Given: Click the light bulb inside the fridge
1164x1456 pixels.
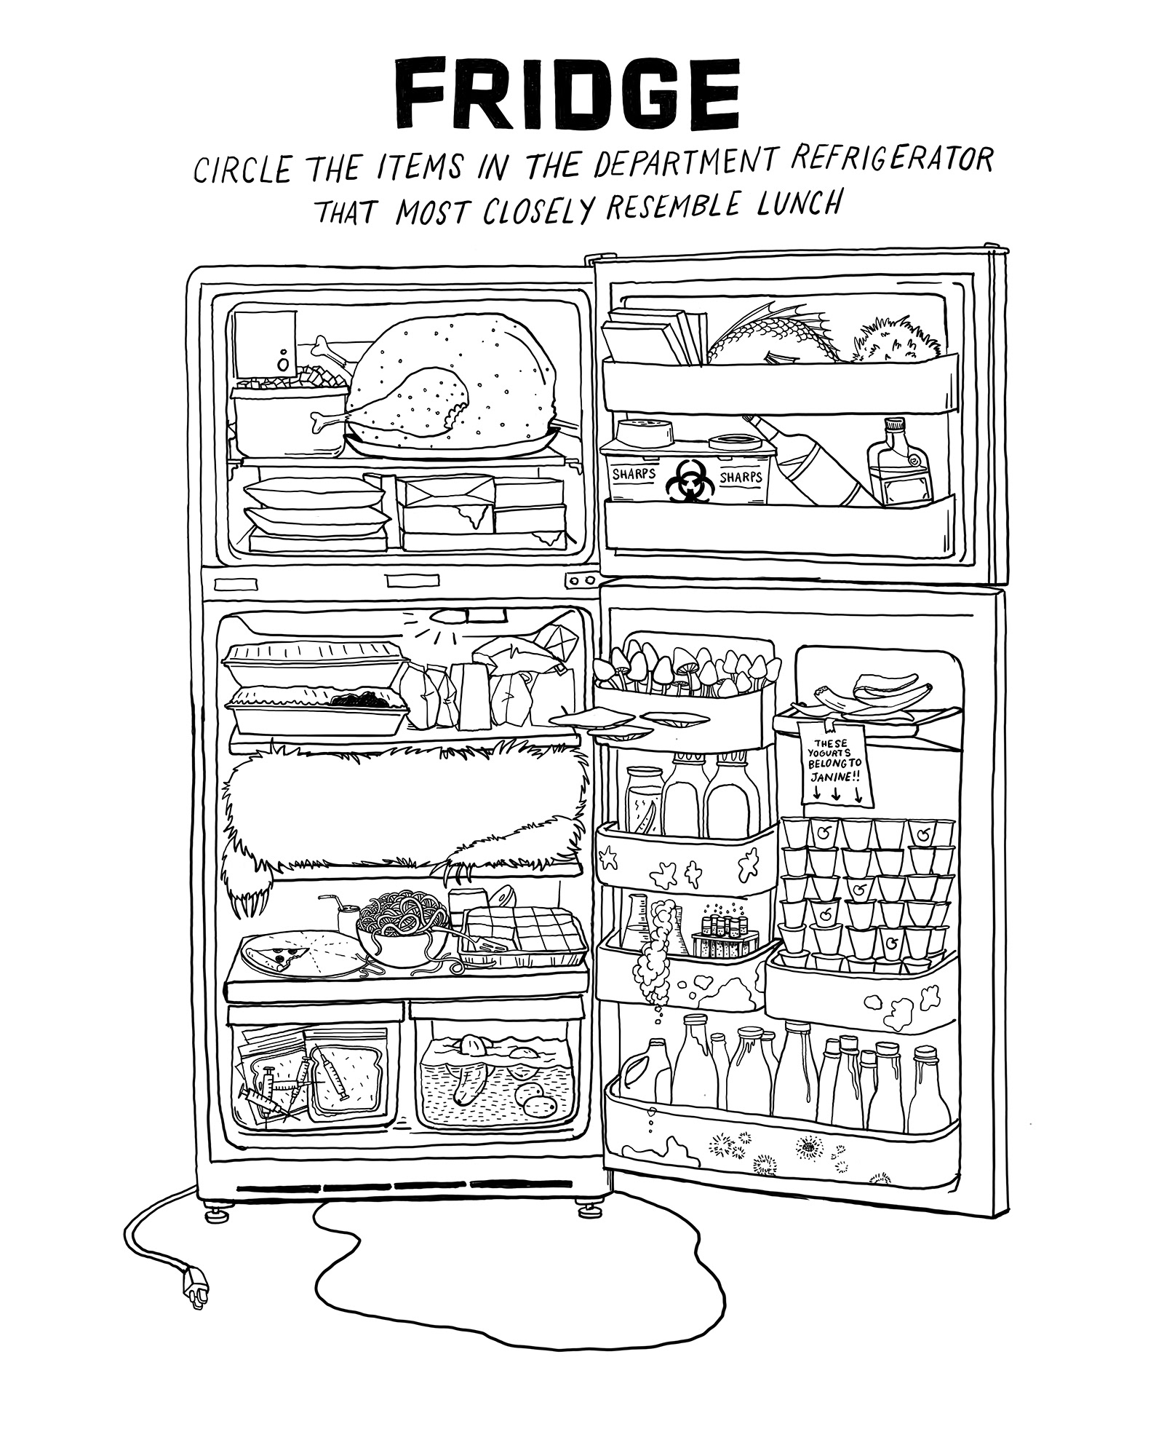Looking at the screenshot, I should [442, 616].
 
